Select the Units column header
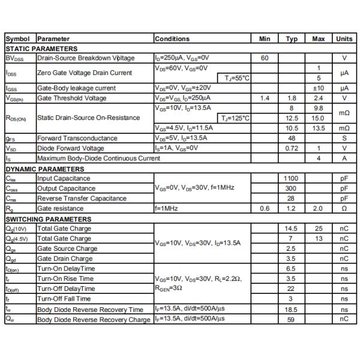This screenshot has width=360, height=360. tap(344, 39)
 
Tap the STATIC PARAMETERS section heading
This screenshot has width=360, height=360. tap(41, 49)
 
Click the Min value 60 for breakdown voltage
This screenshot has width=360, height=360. tap(265, 58)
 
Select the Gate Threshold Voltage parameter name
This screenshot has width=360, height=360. tap(71, 98)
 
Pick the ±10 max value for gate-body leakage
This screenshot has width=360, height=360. tap(319, 88)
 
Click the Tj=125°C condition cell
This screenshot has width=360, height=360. tap(234, 118)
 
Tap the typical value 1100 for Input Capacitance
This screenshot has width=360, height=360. tap(291, 178)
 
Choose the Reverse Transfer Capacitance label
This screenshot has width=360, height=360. tap(82, 199)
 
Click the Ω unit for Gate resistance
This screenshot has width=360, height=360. tap(344, 208)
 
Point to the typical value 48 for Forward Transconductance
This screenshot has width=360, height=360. tap(291, 138)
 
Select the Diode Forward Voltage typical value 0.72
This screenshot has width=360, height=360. tap(291, 148)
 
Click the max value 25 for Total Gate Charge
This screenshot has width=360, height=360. tap(319, 229)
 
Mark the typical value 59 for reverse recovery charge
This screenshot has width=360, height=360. tap(291, 319)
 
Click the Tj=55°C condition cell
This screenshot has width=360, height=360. tap(236, 78)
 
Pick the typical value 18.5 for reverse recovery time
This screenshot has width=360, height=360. tap(291, 308)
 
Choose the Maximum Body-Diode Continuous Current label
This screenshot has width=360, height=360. tap(98, 158)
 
